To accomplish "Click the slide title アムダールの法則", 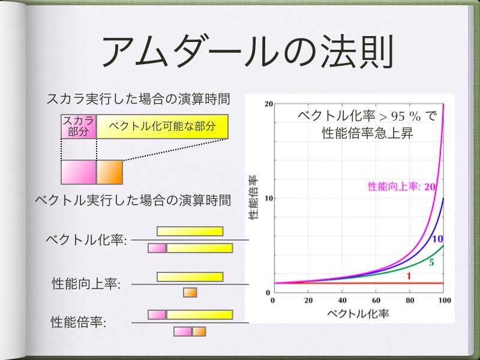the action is [x=247, y=51].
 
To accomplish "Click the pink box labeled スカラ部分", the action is [x=79, y=127].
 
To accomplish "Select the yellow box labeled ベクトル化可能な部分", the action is [x=162, y=127].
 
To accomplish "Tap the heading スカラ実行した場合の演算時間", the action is [x=138, y=99].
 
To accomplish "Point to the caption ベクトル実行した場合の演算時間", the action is [x=133, y=200].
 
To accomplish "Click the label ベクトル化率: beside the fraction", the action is [x=86, y=239].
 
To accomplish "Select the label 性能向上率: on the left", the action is [x=86, y=283].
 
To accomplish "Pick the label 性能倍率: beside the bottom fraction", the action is [x=79, y=322].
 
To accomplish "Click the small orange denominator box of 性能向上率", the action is [x=190, y=292].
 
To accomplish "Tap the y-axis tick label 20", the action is [x=268, y=104].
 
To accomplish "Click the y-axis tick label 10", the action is [x=268, y=199].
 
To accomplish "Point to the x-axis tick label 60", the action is [x=376, y=301].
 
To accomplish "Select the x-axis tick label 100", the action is [x=444, y=301].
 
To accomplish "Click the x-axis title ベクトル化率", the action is [x=358, y=313].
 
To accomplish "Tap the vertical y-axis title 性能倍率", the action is [x=253, y=197].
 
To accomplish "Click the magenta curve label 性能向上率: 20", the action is [x=401, y=187].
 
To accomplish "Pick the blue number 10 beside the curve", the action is [x=438, y=239].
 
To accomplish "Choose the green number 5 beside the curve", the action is [x=431, y=263].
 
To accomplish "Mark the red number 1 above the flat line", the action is [x=409, y=276].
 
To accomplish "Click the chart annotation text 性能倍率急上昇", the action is [x=367, y=133].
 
